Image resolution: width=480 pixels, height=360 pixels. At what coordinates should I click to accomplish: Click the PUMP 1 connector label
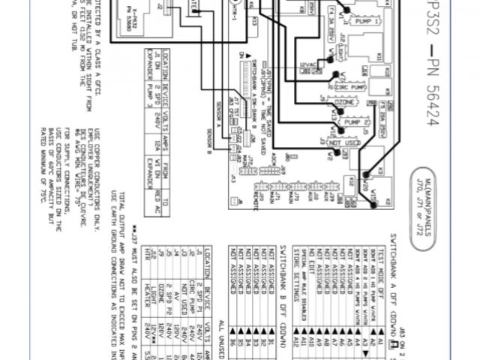[x=363, y=22]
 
